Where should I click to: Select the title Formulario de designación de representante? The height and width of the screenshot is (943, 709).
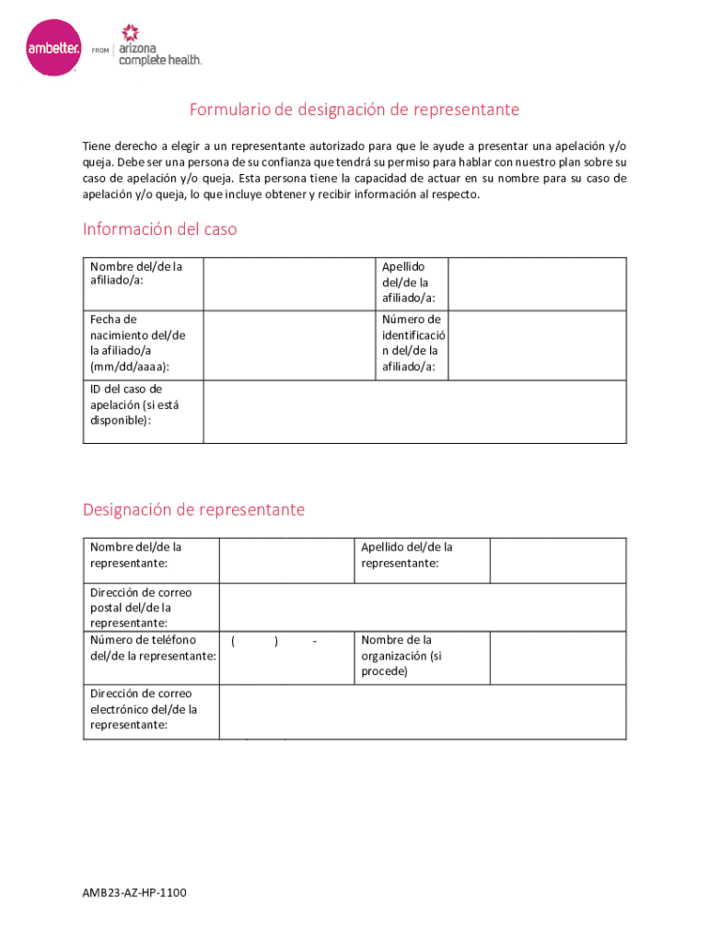[x=354, y=111]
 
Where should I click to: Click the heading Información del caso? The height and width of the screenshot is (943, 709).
[x=159, y=229]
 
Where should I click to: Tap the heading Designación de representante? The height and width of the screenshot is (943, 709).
[x=193, y=510]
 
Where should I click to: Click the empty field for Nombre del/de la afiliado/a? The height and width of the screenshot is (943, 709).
[x=288, y=283]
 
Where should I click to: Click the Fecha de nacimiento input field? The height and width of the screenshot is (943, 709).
[x=288, y=343]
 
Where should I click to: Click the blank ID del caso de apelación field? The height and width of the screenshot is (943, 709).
[x=414, y=411]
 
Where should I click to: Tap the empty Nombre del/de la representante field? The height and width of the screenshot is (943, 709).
[x=286, y=560]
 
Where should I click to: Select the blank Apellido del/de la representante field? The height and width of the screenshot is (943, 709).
[x=557, y=560]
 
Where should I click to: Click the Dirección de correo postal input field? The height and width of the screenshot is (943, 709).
[x=423, y=607]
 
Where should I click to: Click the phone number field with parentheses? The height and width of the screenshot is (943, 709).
[x=286, y=657]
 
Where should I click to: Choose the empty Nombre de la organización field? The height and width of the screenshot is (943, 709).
[x=557, y=657]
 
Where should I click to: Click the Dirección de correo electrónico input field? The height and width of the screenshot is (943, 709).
[x=423, y=710]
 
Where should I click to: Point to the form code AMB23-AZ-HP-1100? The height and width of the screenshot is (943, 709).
[x=134, y=893]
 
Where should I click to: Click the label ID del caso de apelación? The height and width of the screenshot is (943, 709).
[x=126, y=404]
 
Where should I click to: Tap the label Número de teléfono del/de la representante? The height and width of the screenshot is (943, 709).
[x=153, y=647]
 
